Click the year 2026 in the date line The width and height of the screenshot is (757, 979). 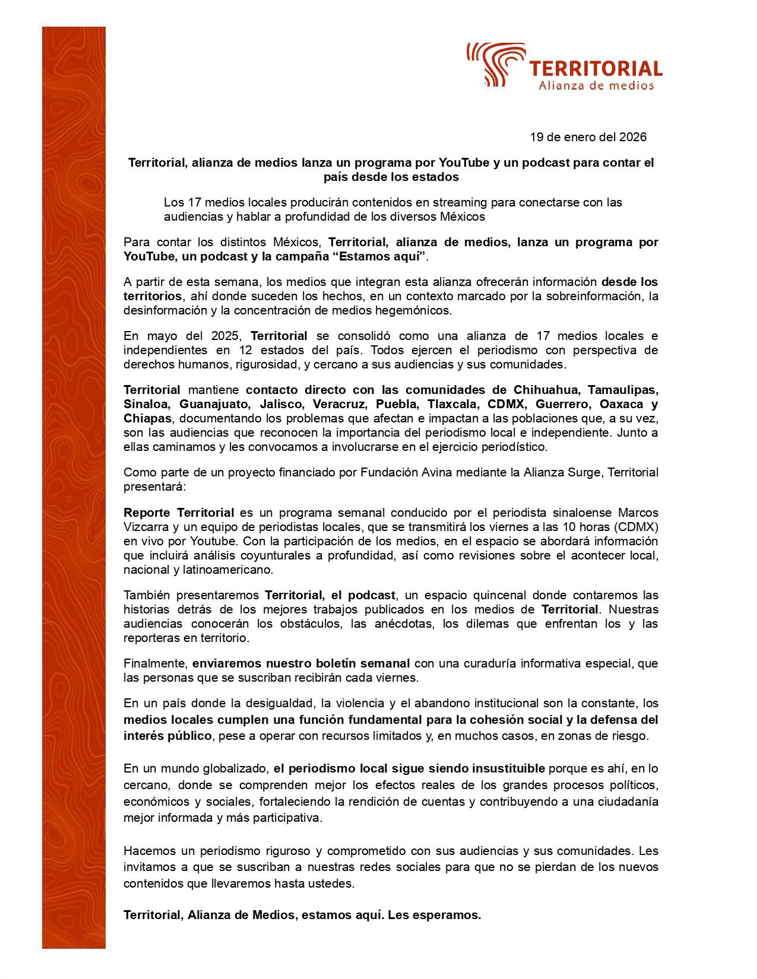[x=633, y=137]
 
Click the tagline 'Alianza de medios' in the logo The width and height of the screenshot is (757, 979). [x=596, y=86]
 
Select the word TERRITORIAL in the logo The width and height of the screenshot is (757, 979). [x=596, y=69]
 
